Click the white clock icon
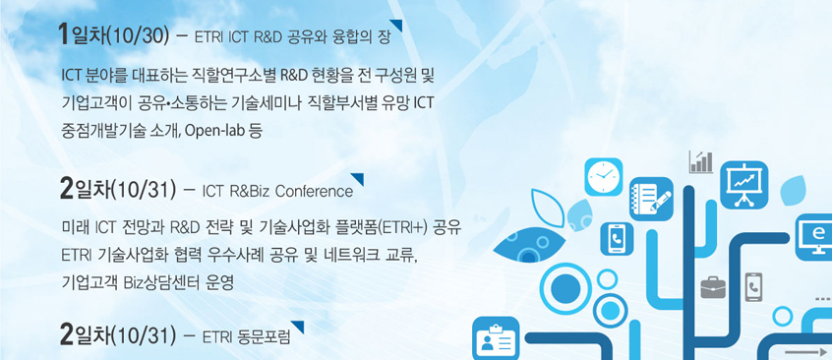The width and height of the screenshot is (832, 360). coord(603,177)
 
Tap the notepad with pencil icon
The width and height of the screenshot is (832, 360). coord(651,199)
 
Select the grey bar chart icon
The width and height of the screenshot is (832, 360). coord(701,162)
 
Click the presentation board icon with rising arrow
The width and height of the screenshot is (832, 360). coord(743,184)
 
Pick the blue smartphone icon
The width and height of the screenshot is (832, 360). coord(617,238)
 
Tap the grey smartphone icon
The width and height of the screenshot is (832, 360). coord(753,287)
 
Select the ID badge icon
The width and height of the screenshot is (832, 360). coord(496,338)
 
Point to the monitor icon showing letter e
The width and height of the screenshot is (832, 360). coord(814,237)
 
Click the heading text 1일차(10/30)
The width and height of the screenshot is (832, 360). coord(114,35)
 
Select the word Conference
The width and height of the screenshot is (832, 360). coord(315,192)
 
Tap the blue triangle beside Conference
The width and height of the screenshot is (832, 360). coord(358,179)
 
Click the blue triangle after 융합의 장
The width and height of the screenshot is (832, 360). coord(396,26)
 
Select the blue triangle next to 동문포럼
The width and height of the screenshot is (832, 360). coord(298,327)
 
